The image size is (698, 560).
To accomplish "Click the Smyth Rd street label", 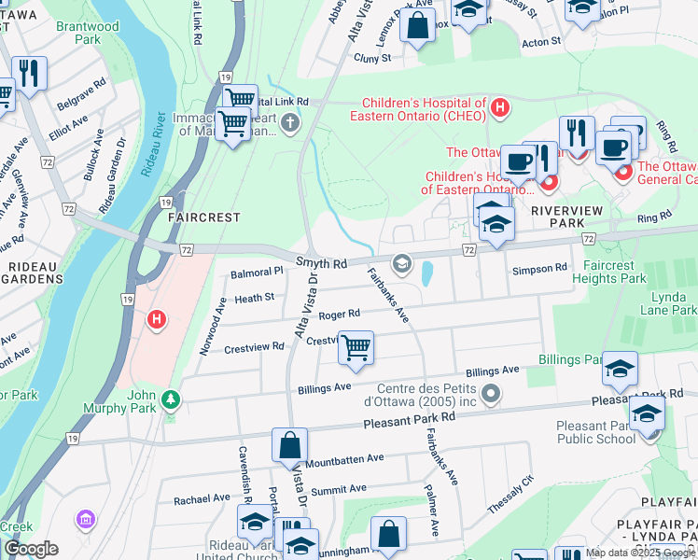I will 321,265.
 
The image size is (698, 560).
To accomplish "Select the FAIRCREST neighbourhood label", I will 203,217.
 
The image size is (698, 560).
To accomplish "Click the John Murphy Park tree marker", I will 170,399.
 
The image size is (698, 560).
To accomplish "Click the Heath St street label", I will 255,298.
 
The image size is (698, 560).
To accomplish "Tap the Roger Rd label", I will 340,314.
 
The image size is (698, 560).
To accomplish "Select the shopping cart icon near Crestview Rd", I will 356,349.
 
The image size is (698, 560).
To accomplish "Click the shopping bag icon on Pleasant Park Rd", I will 289,445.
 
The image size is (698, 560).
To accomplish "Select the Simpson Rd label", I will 539,268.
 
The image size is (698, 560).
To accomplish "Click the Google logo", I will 31,549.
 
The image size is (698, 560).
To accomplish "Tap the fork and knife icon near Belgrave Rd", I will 29,75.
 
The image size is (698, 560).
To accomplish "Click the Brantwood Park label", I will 88,34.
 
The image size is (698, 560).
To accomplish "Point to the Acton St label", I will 541,42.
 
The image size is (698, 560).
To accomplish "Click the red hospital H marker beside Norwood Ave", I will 157,320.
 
